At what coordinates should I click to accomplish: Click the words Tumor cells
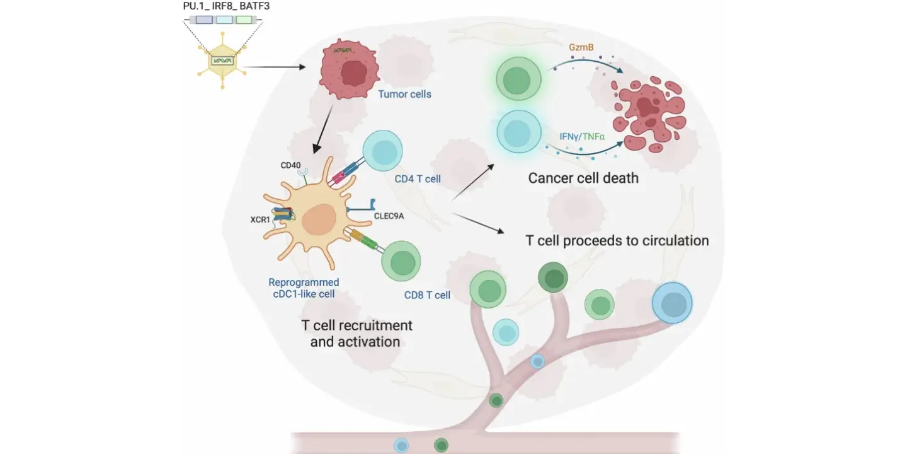[404, 95]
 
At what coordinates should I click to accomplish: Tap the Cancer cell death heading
[583, 178]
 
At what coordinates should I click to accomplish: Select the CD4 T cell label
[418, 179]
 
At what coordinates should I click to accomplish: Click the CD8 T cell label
[427, 294]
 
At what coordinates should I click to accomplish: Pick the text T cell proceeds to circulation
[617, 241]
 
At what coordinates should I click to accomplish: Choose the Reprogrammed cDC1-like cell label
[304, 288]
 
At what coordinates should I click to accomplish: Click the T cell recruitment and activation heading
[357, 334]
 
